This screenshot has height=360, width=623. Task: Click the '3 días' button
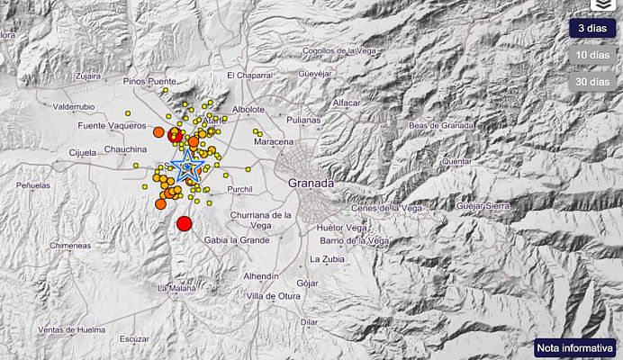click(x=591, y=29)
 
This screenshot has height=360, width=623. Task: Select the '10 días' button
click(x=591, y=56)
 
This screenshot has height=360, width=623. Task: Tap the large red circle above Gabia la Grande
click(x=185, y=223)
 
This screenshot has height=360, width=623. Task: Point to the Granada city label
click(x=311, y=183)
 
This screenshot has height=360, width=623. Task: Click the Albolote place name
click(x=248, y=110)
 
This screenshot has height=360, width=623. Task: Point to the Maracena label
click(x=274, y=142)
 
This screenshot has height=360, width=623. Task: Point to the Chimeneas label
click(x=70, y=245)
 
